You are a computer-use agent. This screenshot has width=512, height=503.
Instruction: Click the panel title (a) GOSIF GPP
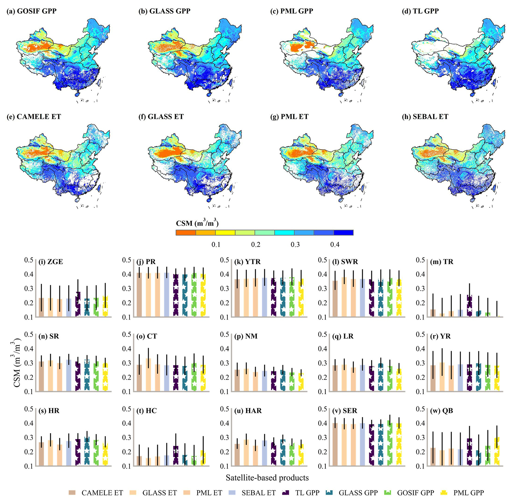point(31,11)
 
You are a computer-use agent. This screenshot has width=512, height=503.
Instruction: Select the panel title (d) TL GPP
point(422,11)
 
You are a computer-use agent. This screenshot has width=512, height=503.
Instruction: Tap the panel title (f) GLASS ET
point(161,117)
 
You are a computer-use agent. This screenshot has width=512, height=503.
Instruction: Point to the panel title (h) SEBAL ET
point(426,117)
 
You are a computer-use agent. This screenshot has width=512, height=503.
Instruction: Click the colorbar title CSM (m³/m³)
point(197,223)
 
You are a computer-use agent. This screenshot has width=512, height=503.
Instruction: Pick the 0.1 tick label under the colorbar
point(216,244)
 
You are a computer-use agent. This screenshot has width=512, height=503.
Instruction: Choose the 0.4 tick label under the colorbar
point(335,244)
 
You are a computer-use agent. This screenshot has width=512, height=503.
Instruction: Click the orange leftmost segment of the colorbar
point(186,232)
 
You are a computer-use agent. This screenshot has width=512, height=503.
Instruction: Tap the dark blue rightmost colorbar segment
point(343,232)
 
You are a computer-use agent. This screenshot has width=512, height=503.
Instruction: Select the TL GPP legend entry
point(301,493)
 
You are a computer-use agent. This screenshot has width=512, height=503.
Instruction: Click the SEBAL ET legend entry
point(253,493)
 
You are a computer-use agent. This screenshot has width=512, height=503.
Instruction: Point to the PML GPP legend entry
point(463,493)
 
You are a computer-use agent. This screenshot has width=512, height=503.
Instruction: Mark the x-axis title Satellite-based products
point(267,478)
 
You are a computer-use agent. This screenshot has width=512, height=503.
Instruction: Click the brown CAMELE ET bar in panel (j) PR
point(139,295)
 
